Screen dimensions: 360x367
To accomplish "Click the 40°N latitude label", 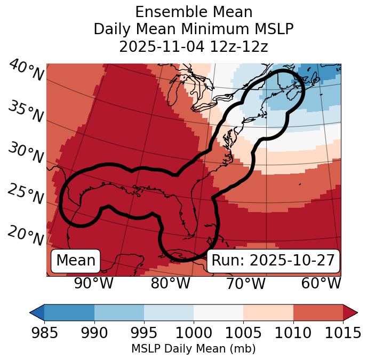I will tap(26, 71).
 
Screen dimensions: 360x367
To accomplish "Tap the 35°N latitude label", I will tap(25, 112).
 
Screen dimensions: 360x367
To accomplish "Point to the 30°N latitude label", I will tap(25, 153).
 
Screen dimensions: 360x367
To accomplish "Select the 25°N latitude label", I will tap(25, 194).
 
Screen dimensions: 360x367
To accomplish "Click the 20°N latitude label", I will tap(25, 235).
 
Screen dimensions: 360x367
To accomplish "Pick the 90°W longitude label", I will tap(93, 283).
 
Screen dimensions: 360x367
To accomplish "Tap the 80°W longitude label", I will tap(170, 283).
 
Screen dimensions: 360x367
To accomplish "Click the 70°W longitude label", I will tap(245, 283).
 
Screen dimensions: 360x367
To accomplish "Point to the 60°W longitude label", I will tap(321, 283).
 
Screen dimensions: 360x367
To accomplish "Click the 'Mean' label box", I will tap(76, 261).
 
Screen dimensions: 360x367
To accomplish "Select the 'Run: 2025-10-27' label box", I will tap(273, 261).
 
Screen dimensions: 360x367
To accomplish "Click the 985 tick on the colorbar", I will tap(44, 333).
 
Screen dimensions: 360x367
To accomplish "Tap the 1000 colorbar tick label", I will tap(194, 333).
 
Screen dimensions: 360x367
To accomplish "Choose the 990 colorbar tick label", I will tap(94, 333).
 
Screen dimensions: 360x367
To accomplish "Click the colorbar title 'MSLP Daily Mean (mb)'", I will tap(193, 349).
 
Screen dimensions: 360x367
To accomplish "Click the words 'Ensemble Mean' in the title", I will tap(194, 12).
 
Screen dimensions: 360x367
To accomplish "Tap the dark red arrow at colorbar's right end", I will tap(350, 312).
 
